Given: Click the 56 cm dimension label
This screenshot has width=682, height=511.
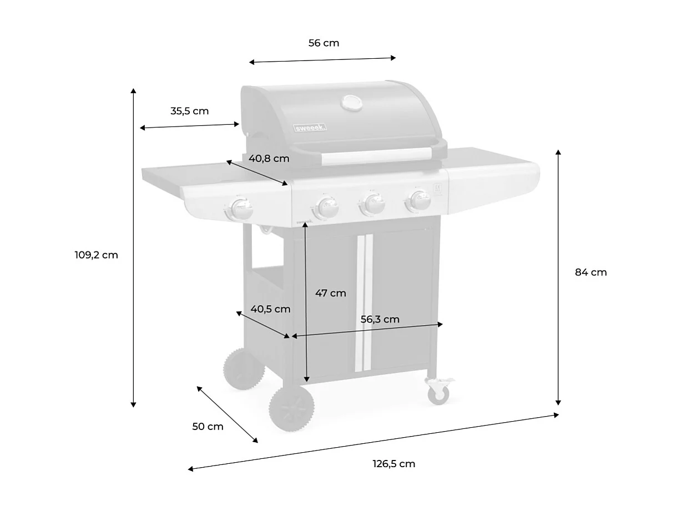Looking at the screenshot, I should [x=324, y=43].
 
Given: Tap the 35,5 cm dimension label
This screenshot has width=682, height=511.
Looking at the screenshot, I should [x=189, y=111].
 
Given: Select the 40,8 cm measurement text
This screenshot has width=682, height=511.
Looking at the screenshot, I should [x=269, y=159].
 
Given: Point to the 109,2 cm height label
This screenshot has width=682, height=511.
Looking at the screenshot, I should [x=96, y=255].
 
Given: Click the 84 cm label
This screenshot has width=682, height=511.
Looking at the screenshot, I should [x=590, y=272].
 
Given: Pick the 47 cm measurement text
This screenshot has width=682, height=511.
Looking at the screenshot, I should [x=330, y=293].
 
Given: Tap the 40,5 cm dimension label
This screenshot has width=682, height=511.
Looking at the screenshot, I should [x=270, y=309].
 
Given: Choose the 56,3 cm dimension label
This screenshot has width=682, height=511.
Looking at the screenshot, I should [x=380, y=320].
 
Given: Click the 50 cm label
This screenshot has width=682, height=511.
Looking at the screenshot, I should [x=208, y=427].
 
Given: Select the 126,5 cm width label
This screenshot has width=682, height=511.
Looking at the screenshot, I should [x=393, y=464].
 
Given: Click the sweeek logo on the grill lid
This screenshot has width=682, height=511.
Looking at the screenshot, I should [x=310, y=128].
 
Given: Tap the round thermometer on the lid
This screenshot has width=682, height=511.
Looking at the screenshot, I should [x=351, y=103].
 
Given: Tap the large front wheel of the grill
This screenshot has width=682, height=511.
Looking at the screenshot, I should [x=292, y=409].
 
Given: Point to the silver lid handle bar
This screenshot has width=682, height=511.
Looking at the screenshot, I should [x=377, y=156].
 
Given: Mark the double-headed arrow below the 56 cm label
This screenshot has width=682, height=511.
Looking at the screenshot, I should [x=322, y=59].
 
